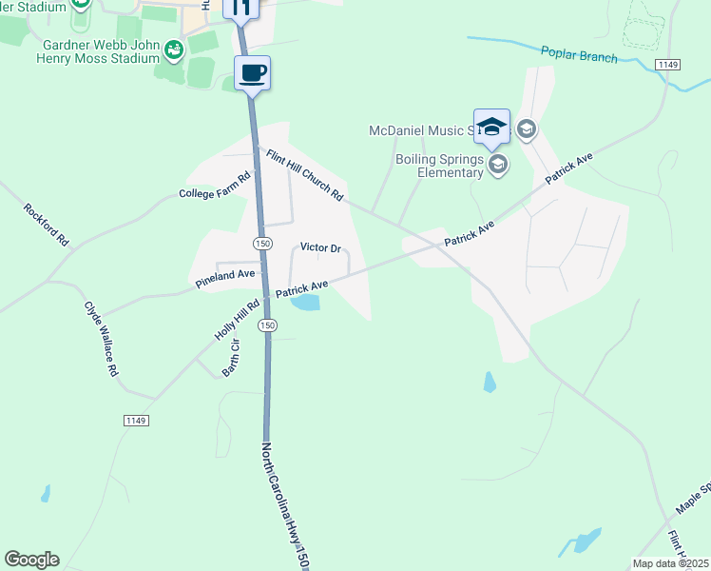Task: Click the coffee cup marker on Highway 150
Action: tap(253, 73)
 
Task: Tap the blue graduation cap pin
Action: tap(491, 127)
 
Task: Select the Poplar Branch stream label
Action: tap(579, 55)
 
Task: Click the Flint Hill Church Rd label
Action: tap(304, 175)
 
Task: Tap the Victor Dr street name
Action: tap(320, 247)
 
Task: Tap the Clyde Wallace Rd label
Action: tap(101, 339)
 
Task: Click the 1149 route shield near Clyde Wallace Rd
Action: tap(136, 420)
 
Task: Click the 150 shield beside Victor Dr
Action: tap(263, 244)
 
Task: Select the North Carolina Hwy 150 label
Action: tap(286, 505)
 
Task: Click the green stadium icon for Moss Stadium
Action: tap(173, 48)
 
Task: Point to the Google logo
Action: tap(31, 560)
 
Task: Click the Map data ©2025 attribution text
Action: tap(671, 563)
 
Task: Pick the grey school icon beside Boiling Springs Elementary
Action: tap(497, 166)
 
